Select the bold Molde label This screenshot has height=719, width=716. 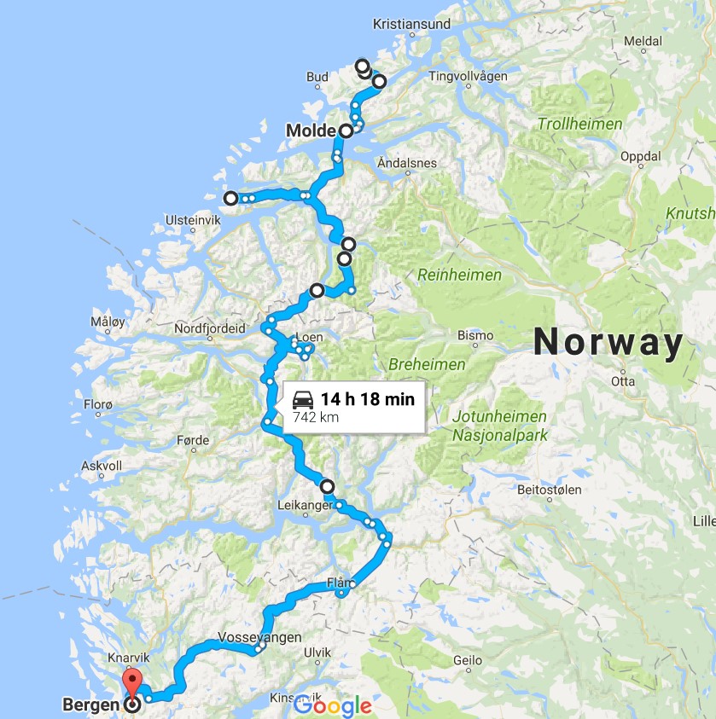[311, 131]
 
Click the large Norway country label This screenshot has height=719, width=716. [608, 343]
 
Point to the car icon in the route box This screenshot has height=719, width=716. [303, 399]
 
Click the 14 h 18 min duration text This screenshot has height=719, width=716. [368, 399]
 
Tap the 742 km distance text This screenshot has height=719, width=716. [316, 418]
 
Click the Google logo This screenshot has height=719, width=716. [333, 705]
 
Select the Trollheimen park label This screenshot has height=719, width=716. [580, 125]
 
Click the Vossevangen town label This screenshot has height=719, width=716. [259, 638]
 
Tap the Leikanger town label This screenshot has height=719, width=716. [305, 506]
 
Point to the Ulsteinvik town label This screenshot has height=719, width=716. [190, 220]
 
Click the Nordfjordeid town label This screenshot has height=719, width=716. [209, 328]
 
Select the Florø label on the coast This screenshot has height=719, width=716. [98, 403]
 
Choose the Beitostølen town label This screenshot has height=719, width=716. [550, 490]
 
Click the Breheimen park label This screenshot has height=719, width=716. [427, 364]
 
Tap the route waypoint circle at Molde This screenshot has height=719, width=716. [346, 131]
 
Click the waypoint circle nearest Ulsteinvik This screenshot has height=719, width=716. [230, 199]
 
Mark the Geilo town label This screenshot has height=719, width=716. [468, 660]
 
